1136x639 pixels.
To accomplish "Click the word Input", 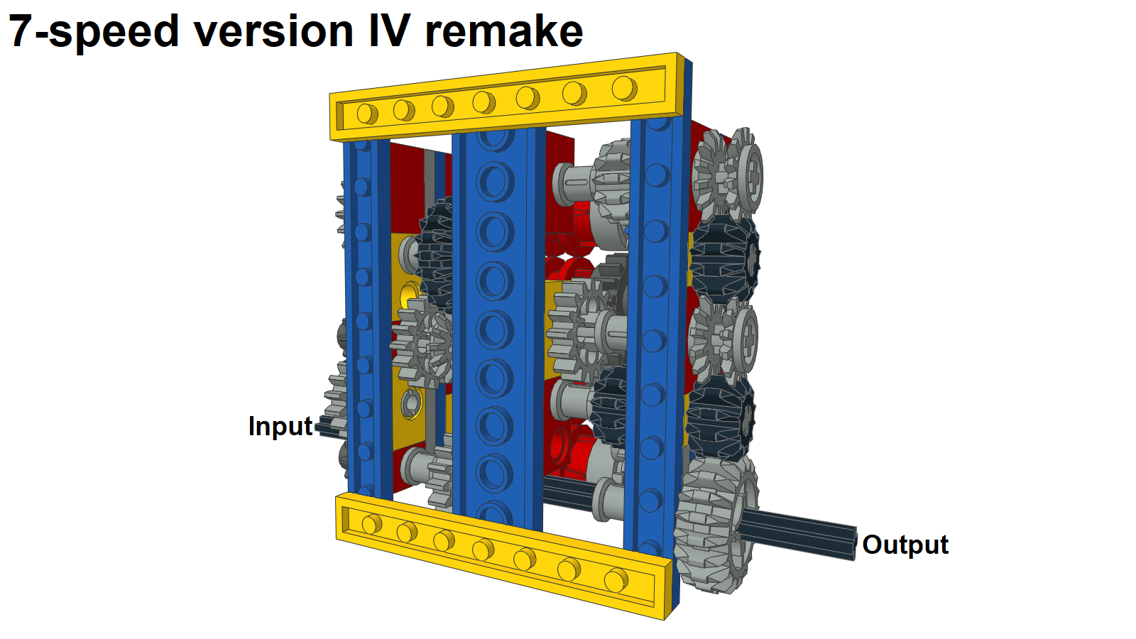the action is [x=280, y=426].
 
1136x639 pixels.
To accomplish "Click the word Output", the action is [x=905, y=545].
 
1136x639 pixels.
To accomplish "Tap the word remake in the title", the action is [x=504, y=31].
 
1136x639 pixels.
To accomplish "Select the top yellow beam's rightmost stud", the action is [x=624, y=88].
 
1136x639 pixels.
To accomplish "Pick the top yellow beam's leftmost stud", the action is [x=367, y=114].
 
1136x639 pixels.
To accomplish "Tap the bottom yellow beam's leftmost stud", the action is [x=372, y=524].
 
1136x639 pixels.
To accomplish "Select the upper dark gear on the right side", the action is [x=725, y=258].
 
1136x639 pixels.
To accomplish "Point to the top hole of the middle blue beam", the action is [x=493, y=138].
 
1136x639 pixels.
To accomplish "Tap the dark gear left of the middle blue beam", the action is [x=435, y=253].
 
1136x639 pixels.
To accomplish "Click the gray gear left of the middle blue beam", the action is [x=422, y=343].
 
